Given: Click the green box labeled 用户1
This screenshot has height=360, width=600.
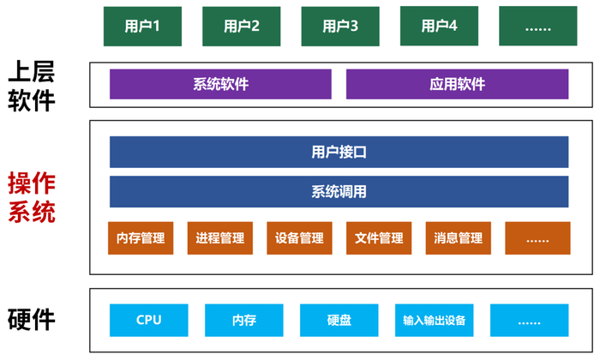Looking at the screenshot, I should click(142, 26).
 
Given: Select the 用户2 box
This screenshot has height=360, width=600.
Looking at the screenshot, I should click(242, 26).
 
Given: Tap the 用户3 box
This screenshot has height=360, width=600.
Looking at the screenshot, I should click(340, 26).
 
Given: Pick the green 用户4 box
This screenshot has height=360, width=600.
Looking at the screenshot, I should click(440, 26).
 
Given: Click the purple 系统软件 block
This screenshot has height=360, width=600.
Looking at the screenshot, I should click(220, 84).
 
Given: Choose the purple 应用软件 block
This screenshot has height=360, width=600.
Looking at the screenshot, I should click(457, 84).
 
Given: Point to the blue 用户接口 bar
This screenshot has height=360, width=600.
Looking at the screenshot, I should click(339, 153).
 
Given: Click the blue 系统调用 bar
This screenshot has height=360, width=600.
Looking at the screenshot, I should click(339, 192).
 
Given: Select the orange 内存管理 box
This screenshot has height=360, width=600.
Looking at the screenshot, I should click(141, 238).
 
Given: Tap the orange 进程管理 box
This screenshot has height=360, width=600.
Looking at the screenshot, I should click(220, 238).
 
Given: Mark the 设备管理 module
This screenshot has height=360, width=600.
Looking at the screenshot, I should click(299, 238).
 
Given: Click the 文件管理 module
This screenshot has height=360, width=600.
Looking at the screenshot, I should click(379, 238).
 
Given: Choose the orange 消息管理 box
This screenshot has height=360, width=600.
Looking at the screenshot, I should click(459, 238).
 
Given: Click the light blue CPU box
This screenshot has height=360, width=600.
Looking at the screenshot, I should click(149, 321).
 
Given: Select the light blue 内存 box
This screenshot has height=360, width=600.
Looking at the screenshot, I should click(244, 321).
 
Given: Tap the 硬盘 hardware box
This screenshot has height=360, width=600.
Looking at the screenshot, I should click(339, 321).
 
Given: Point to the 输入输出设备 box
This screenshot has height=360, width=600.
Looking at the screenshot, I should click(435, 321).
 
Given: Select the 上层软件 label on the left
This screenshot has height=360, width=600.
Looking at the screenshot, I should click(32, 86).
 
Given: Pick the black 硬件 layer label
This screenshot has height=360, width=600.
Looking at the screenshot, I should click(32, 320).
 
